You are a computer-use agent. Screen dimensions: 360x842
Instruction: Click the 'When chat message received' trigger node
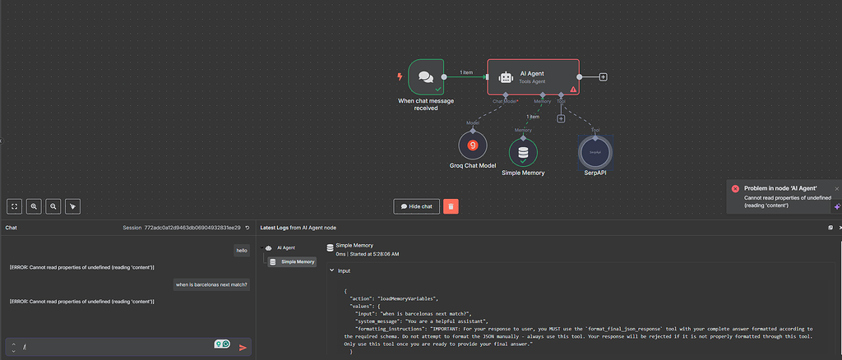(x=426, y=77)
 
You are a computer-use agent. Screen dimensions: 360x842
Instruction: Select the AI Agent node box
(x=533, y=76)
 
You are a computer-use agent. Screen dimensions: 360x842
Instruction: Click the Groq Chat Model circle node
(x=473, y=145)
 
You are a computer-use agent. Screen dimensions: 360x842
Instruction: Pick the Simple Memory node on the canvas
(x=523, y=152)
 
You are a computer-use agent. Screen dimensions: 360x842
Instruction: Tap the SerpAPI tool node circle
(x=595, y=151)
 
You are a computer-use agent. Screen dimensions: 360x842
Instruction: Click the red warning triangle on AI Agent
(x=574, y=89)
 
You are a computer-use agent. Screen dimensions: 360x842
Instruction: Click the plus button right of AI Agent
(x=603, y=77)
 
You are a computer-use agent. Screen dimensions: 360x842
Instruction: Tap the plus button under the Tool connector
(x=561, y=118)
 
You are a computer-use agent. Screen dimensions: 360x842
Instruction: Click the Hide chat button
(x=417, y=206)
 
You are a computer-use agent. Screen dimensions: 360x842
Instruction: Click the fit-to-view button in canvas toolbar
(x=14, y=206)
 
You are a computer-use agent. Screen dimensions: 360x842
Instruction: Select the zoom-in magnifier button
(x=34, y=206)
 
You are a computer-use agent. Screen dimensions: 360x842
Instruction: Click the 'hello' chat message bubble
(x=242, y=250)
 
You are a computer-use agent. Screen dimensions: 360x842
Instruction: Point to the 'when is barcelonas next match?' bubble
(x=211, y=284)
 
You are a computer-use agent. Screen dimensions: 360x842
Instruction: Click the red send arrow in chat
(x=243, y=348)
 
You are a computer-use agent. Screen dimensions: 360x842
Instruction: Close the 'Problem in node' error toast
(x=837, y=188)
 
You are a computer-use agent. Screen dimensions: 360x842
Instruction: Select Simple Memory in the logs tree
(x=298, y=262)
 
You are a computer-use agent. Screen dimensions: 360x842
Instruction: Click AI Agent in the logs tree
(x=285, y=247)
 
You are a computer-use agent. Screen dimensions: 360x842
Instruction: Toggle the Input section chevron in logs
(x=331, y=270)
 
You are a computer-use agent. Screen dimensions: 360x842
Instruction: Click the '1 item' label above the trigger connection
(x=466, y=72)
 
